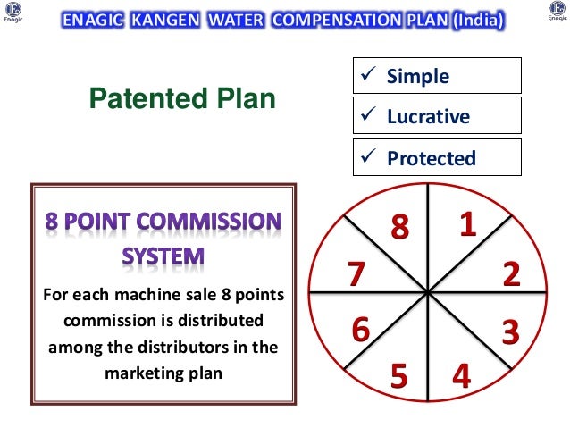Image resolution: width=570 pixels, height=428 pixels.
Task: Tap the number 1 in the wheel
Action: pyautogui.click(x=466, y=225)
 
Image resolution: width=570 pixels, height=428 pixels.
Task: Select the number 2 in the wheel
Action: pyautogui.click(x=511, y=273)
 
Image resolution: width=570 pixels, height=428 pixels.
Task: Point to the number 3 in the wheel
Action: pyautogui.click(x=510, y=332)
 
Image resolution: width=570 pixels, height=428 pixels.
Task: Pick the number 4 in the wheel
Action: pyautogui.click(x=461, y=376)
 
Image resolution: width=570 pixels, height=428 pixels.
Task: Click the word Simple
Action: pyautogui.click(x=417, y=76)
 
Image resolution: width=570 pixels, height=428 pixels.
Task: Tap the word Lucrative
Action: pyautogui.click(x=428, y=117)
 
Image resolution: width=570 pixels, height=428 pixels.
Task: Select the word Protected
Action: pyautogui.click(x=431, y=158)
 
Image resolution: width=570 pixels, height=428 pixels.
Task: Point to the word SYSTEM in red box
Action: pyautogui.click(x=163, y=257)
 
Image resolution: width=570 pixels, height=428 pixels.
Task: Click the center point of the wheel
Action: pyautogui.click(x=429, y=291)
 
